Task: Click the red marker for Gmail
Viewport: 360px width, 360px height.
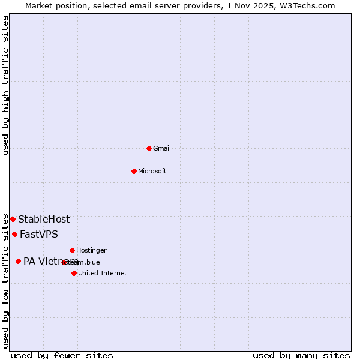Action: tap(149, 148)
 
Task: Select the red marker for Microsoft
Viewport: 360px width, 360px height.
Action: tap(134, 171)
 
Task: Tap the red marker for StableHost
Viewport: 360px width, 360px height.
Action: tap(13, 219)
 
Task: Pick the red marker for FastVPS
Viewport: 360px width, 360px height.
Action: tap(14, 234)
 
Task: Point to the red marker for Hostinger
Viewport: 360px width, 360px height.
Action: tap(72, 250)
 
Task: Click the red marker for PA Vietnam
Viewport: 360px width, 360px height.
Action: tap(18, 261)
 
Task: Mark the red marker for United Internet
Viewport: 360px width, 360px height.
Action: tap(74, 273)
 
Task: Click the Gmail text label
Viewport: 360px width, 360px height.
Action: tap(162, 148)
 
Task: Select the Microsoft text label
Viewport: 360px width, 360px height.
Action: tap(152, 171)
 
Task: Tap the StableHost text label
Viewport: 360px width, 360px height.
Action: tap(44, 219)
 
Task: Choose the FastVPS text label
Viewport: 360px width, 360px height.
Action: tap(39, 234)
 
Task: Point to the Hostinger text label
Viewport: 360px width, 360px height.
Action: tap(91, 250)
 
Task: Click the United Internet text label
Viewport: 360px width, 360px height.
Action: tap(103, 273)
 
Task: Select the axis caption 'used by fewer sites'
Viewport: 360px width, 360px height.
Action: tap(62, 355)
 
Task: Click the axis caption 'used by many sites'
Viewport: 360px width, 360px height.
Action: tap(301, 355)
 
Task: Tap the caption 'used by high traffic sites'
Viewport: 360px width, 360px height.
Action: tap(6, 85)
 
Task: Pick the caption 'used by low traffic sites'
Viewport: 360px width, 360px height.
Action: tap(6, 281)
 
